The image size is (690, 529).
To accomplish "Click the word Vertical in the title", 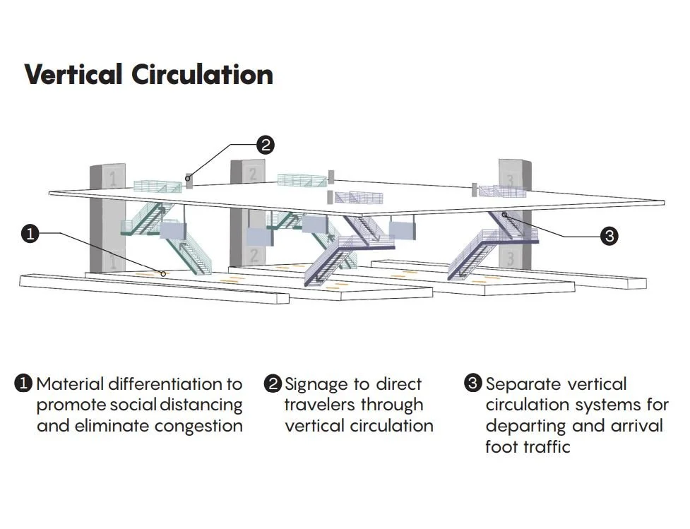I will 75,74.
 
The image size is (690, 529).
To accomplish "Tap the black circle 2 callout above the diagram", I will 265,145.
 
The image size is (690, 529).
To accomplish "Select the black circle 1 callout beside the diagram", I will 29,234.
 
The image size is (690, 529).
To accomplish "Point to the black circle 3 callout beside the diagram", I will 609,236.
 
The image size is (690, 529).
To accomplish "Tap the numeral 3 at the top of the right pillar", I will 511,174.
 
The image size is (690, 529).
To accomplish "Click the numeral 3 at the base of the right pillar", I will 510,258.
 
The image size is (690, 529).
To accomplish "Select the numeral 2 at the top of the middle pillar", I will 252,172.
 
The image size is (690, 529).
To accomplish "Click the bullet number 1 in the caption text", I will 23,384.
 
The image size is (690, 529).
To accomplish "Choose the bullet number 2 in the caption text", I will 273,384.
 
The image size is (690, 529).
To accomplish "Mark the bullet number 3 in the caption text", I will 473,384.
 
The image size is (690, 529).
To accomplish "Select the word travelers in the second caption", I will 320,405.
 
